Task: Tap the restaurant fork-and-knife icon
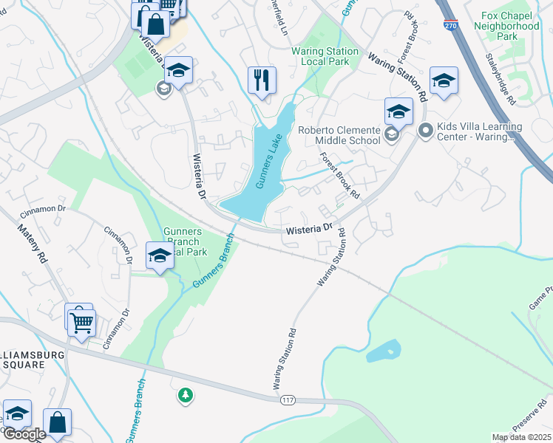pos(262,80)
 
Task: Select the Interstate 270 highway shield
pos(450,25)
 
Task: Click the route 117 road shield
pos(288,400)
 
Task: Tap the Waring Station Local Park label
pos(325,56)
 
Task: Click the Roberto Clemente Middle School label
pos(338,135)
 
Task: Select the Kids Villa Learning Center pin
pos(425,131)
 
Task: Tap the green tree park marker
pos(186,396)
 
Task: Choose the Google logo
pos(24,434)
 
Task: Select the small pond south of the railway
pos(382,350)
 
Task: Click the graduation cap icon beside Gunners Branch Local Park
pos(160,255)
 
